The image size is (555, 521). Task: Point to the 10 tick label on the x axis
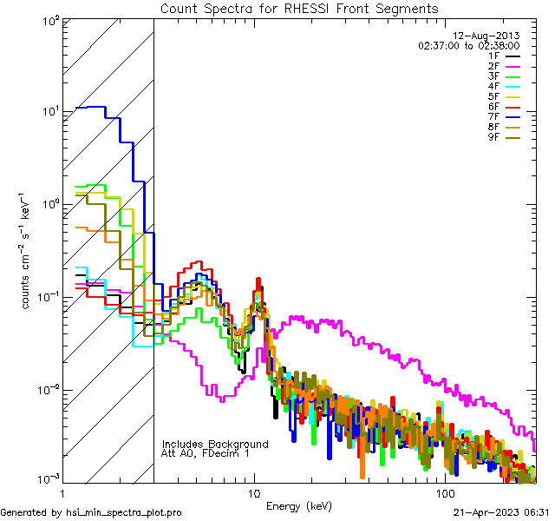click(253, 492)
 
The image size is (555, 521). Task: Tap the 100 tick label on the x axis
click(444, 492)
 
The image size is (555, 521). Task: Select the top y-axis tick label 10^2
click(50, 19)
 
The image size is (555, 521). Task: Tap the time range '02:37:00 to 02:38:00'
click(468, 45)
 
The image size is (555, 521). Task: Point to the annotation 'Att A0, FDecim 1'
click(206, 453)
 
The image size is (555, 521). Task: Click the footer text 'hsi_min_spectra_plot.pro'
click(124, 512)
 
